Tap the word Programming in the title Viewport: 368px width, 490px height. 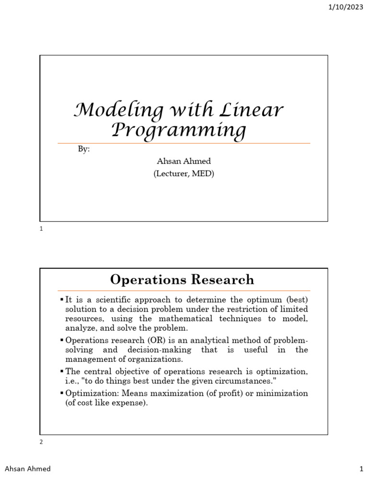(179, 130)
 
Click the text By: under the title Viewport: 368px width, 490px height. (84, 149)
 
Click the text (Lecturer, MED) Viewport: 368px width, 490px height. (184, 174)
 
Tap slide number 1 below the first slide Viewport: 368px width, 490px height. (42, 229)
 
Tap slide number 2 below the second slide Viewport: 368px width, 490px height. (42, 442)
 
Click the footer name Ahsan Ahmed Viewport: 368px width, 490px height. (28, 469)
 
